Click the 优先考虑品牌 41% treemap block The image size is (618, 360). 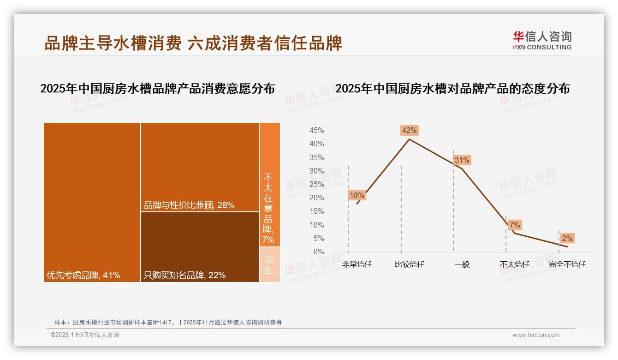92,202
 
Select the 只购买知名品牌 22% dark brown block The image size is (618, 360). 200,247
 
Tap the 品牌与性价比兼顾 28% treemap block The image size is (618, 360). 200,167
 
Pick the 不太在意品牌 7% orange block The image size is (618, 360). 269,185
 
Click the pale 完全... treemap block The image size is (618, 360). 269,264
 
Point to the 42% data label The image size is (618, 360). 409,130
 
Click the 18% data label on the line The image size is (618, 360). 357,195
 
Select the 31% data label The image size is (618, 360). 461,160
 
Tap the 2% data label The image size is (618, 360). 567,238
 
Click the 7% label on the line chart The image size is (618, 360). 515,225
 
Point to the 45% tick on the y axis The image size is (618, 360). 316,131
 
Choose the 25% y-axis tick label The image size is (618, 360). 316,185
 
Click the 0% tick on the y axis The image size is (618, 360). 319,252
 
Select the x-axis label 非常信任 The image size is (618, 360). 357,264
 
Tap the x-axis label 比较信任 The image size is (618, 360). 409,264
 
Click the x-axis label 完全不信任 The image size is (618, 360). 567,264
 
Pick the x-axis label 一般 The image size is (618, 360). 462,264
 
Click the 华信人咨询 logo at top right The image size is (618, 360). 542,40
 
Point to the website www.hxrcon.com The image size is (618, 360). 536,335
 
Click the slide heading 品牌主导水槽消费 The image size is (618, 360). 113,43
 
